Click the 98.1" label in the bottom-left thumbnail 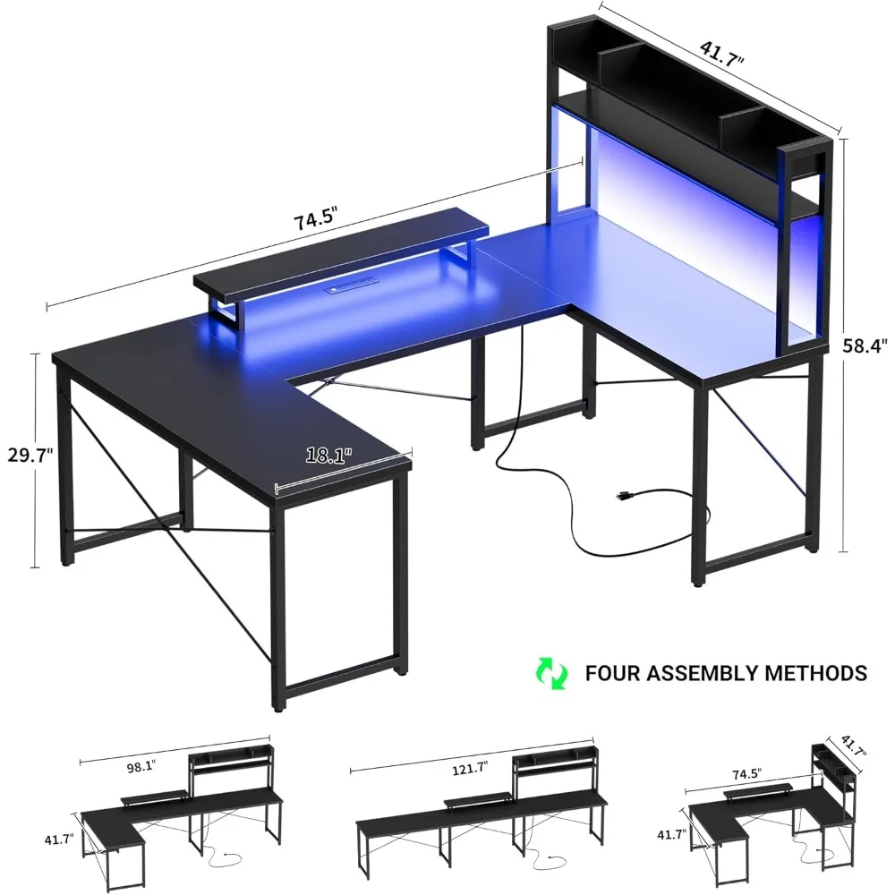pos(135,766)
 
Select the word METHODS pos(820,673)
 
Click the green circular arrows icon pos(552,673)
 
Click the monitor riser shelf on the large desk pos(340,260)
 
